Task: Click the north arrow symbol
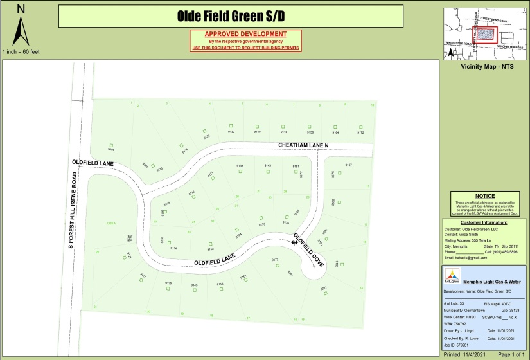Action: click(x=21, y=30)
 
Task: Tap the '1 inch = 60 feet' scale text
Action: click(x=21, y=51)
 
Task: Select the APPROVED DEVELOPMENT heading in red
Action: click(x=245, y=34)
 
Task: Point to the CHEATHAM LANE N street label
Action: click(x=303, y=146)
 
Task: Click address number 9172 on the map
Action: click(x=360, y=132)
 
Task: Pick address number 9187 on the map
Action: click(x=349, y=165)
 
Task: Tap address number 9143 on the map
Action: click(x=268, y=166)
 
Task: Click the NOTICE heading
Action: click(x=485, y=196)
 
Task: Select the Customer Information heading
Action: click(x=485, y=222)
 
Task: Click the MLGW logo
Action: click(x=452, y=275)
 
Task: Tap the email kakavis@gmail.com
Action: click(x=466, y=258)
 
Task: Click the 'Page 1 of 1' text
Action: click(x=511, y=354)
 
